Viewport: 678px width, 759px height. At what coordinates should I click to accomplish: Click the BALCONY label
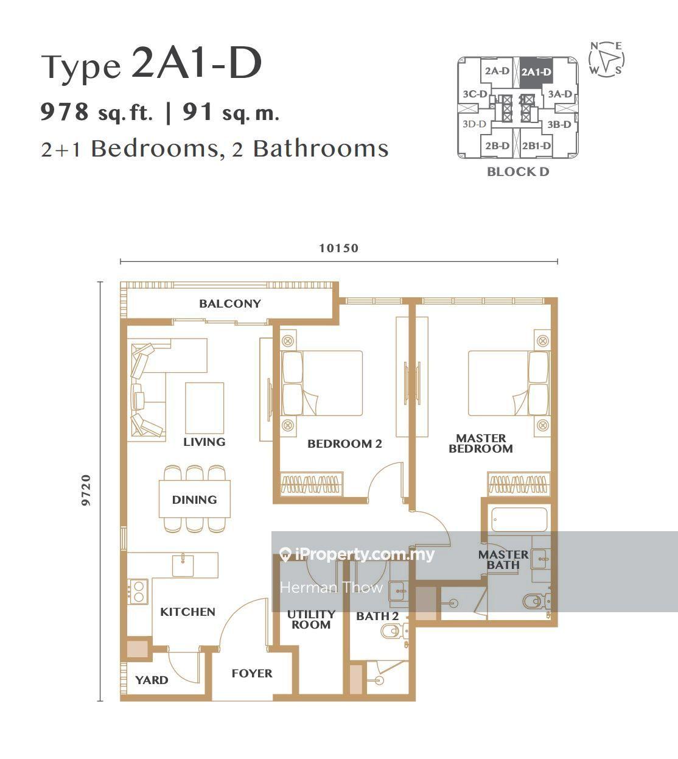[x=230, y=303]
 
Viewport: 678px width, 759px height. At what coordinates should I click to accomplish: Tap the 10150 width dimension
[x=338, y=248]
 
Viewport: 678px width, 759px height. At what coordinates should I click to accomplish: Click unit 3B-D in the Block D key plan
[x=559, y=124]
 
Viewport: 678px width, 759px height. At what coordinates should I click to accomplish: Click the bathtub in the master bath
[x=519, y=519]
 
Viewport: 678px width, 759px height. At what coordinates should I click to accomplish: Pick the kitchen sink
[x=183, y=565]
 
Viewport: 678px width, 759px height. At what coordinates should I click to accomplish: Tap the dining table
[x=195, y=499]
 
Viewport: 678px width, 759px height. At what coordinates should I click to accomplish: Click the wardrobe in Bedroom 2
[x=312, y=484]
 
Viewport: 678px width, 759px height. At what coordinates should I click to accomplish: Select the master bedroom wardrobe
[x=519, y=484]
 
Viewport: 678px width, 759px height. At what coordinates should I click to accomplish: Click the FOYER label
[x=252, y=673]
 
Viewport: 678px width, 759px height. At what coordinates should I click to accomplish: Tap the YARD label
[x=152, y=680]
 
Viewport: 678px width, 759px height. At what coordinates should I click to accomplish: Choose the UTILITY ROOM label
[x=311, y=620]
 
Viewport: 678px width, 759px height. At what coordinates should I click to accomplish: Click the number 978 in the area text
[x=65, y=111]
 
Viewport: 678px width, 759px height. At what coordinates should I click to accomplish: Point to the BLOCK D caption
[x=518, y=172]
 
